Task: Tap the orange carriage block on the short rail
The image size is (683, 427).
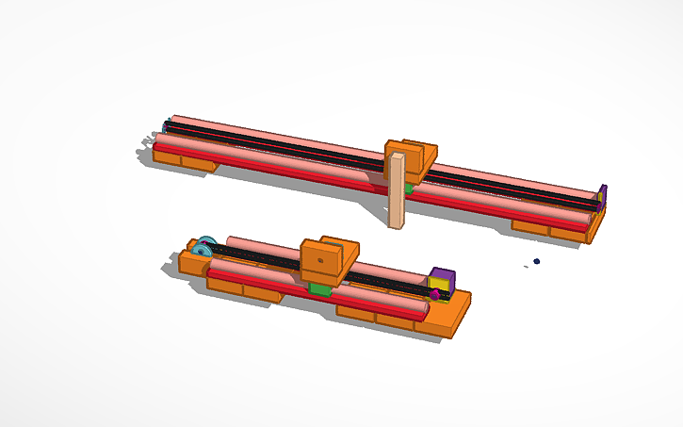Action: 330,259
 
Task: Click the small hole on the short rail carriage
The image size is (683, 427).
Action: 321,256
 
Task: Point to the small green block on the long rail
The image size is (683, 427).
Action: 409,189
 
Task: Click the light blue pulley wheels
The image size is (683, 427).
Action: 205,247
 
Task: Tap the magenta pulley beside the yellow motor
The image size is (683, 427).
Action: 434,294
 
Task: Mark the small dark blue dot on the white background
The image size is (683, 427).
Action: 537,261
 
